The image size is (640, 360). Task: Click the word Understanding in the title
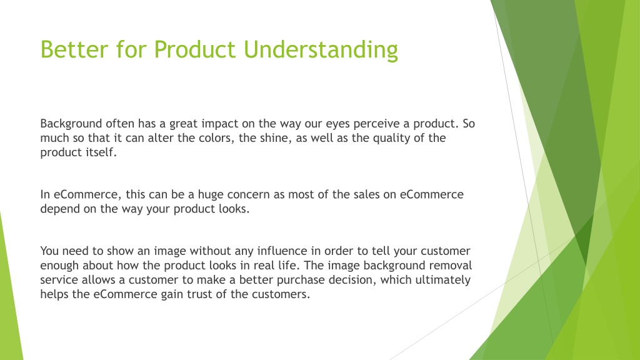coord(321,50)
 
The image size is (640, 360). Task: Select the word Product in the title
coord(195,49)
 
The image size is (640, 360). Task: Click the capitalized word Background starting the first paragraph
coord(71,124)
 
